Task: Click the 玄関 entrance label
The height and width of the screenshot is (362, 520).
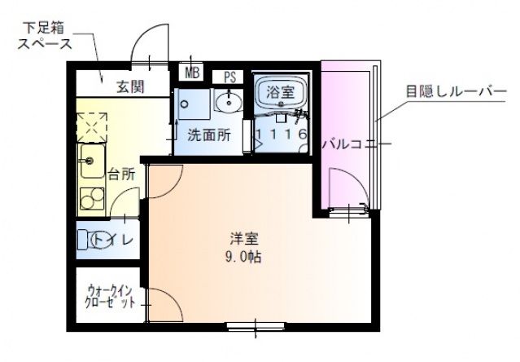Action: [129, 86]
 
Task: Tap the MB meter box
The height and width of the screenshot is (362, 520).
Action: [192, 73]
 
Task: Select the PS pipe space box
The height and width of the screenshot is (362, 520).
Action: [229, 77]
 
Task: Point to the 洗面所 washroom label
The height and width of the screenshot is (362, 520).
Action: [208, 135]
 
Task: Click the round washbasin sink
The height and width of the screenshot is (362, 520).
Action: [229, 102]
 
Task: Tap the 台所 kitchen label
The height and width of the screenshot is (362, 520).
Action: [121, 173]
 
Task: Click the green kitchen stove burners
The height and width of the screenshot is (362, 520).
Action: [89, 197]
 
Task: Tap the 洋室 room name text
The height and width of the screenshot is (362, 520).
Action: [243, 240]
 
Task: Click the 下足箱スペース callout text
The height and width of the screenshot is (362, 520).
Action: [46, 38]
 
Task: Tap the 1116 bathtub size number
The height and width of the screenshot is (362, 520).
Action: [281, 134]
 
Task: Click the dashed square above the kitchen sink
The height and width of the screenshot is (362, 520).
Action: [90, 126]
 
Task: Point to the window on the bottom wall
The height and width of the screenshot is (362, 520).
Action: [254, 328]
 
